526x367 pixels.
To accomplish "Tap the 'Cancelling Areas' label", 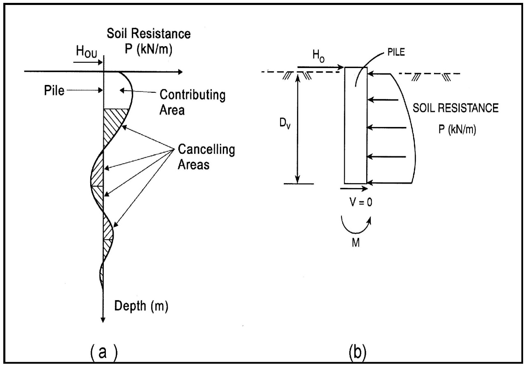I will point(207,157).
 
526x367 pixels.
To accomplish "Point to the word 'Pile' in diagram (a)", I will point(54,90).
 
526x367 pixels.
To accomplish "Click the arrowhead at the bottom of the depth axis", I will point(103,320).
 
